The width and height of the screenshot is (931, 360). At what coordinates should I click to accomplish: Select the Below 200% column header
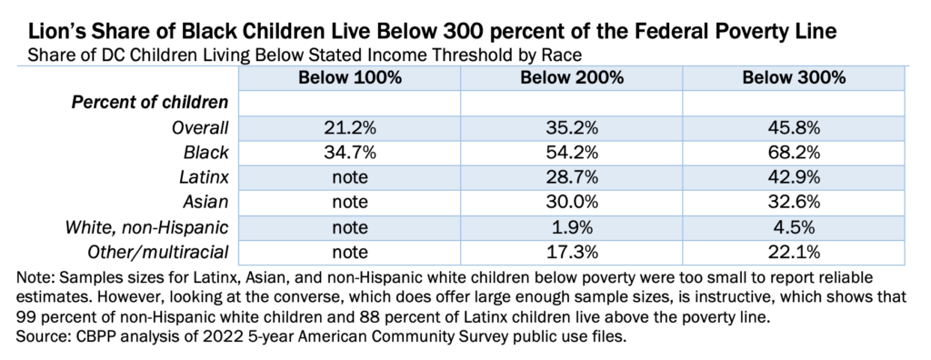click(572, 77)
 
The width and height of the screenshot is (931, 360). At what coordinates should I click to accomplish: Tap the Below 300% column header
click(795, 77)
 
